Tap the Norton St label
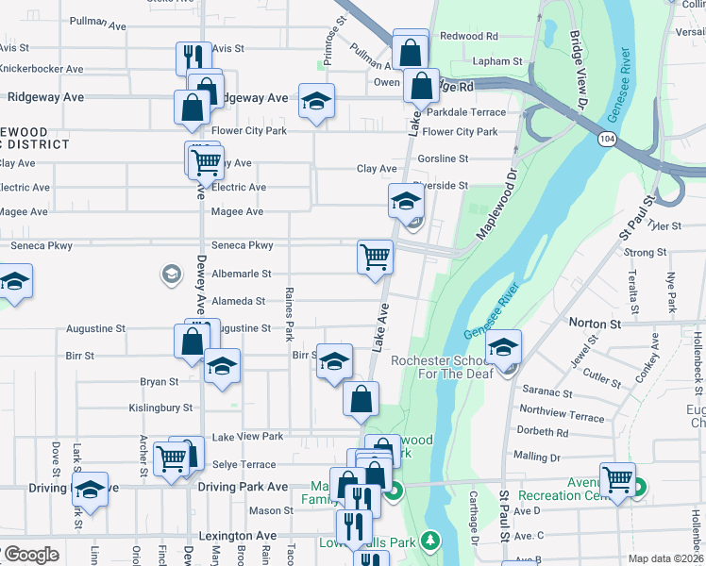point(595,323)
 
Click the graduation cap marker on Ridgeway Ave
point(316,101)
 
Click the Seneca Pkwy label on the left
point(42,245)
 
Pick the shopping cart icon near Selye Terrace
point(171,460)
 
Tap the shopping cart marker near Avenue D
point(617,478)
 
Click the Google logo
point(30,555)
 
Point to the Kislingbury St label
point(160,408)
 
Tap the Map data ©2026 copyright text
point(666,558)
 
